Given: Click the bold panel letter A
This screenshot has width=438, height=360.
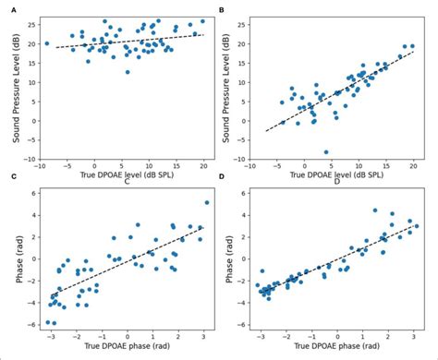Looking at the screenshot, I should coord(7,7).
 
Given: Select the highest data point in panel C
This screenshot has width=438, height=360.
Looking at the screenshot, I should coord(206,202).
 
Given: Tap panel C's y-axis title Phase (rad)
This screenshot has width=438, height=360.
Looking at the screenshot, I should coord(12,259).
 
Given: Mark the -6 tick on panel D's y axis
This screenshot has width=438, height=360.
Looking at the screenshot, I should coord(241,325).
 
